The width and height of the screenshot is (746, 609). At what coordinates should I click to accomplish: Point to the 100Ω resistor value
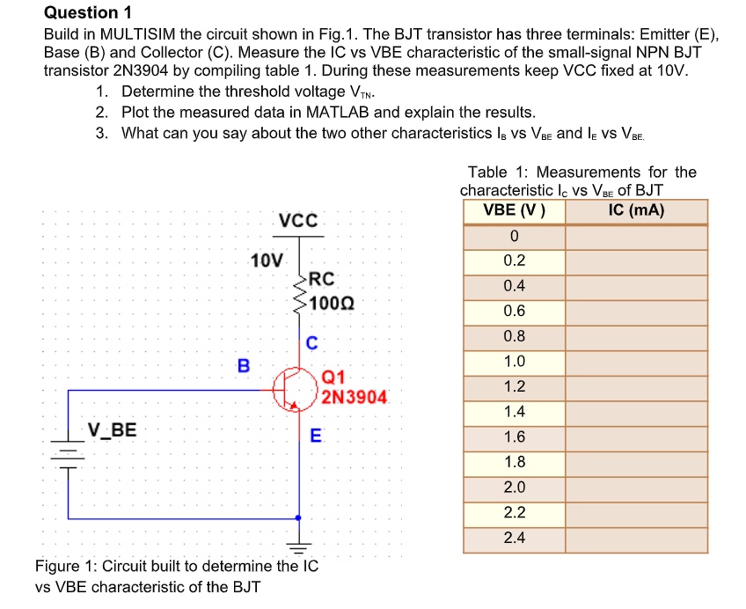tap(333, 304)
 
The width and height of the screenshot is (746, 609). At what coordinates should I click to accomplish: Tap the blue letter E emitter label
tap(316, 434)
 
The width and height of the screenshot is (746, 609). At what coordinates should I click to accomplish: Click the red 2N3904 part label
tap(354, 397)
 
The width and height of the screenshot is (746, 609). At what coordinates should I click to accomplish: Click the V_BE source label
tap(112, 429)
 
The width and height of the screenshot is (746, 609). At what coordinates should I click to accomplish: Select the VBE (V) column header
tap(514, 210)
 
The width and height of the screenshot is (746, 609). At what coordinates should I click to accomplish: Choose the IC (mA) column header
tap(636, 210)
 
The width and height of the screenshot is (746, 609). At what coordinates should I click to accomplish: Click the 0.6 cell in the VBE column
tap(514, 311)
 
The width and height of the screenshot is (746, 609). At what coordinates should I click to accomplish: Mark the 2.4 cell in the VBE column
tap(514, 538)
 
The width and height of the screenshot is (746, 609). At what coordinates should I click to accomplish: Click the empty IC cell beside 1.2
tap(636, 386)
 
